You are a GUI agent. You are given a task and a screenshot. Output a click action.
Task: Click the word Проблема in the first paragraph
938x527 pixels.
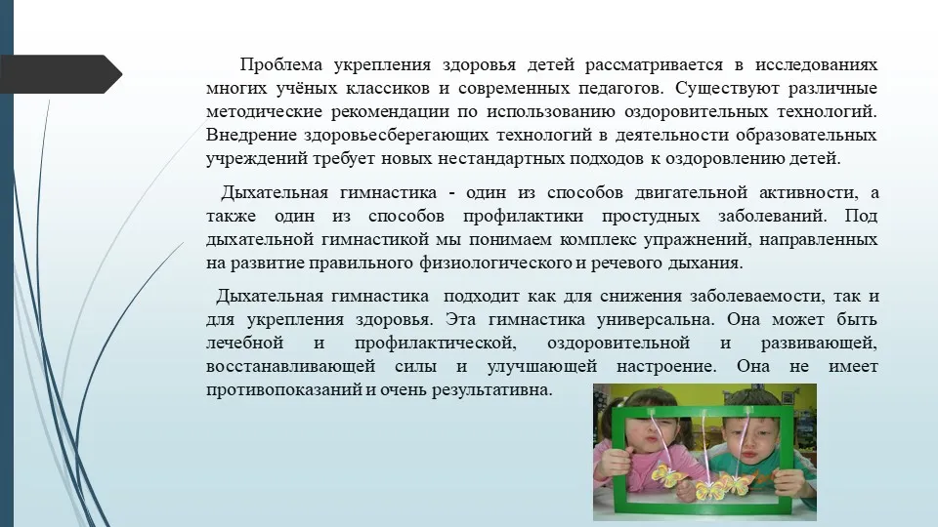tap(280, 64)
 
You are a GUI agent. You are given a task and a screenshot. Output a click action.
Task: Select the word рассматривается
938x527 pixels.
tap(654, 64)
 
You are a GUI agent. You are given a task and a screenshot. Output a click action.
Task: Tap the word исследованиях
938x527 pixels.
tap(816, 64)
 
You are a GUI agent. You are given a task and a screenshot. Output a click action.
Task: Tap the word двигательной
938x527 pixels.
tap(691, 192)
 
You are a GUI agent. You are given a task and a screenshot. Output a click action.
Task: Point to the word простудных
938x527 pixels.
tap(651, 216)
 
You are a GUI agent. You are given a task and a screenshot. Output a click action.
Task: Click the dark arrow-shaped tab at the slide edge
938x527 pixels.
tap(61, 74)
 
